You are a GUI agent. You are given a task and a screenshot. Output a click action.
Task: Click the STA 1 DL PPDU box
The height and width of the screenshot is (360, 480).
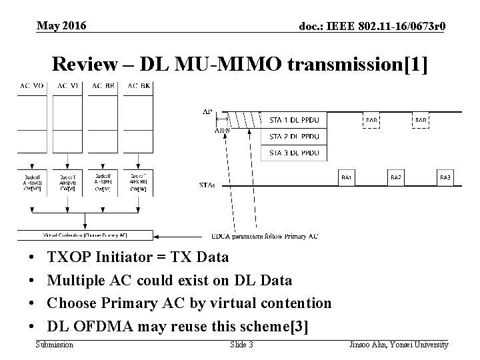click(x=294, y=121)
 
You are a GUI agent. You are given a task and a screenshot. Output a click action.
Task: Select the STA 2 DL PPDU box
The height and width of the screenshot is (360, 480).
click(x=294, y=137)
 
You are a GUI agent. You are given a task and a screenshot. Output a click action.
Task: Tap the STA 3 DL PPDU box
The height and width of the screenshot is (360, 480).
click(x=294, y=153)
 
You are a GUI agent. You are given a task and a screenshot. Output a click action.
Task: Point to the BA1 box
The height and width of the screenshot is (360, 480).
click(x=347, y=178)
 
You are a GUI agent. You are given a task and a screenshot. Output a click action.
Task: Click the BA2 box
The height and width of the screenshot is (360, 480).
click(x=397, y=178)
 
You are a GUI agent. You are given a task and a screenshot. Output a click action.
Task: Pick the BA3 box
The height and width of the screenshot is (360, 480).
click(x=445, y=178)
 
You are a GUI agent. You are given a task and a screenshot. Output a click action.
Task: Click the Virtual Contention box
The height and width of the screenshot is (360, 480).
click(x=85, y=235)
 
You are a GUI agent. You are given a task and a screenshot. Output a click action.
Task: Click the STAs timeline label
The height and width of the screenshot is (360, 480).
click(x=208, y=184)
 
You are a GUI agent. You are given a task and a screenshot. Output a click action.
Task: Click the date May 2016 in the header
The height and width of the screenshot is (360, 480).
click(x=61, y=25)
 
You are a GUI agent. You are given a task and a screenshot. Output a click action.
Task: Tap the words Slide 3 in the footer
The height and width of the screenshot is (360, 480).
click(x=241, y=344)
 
